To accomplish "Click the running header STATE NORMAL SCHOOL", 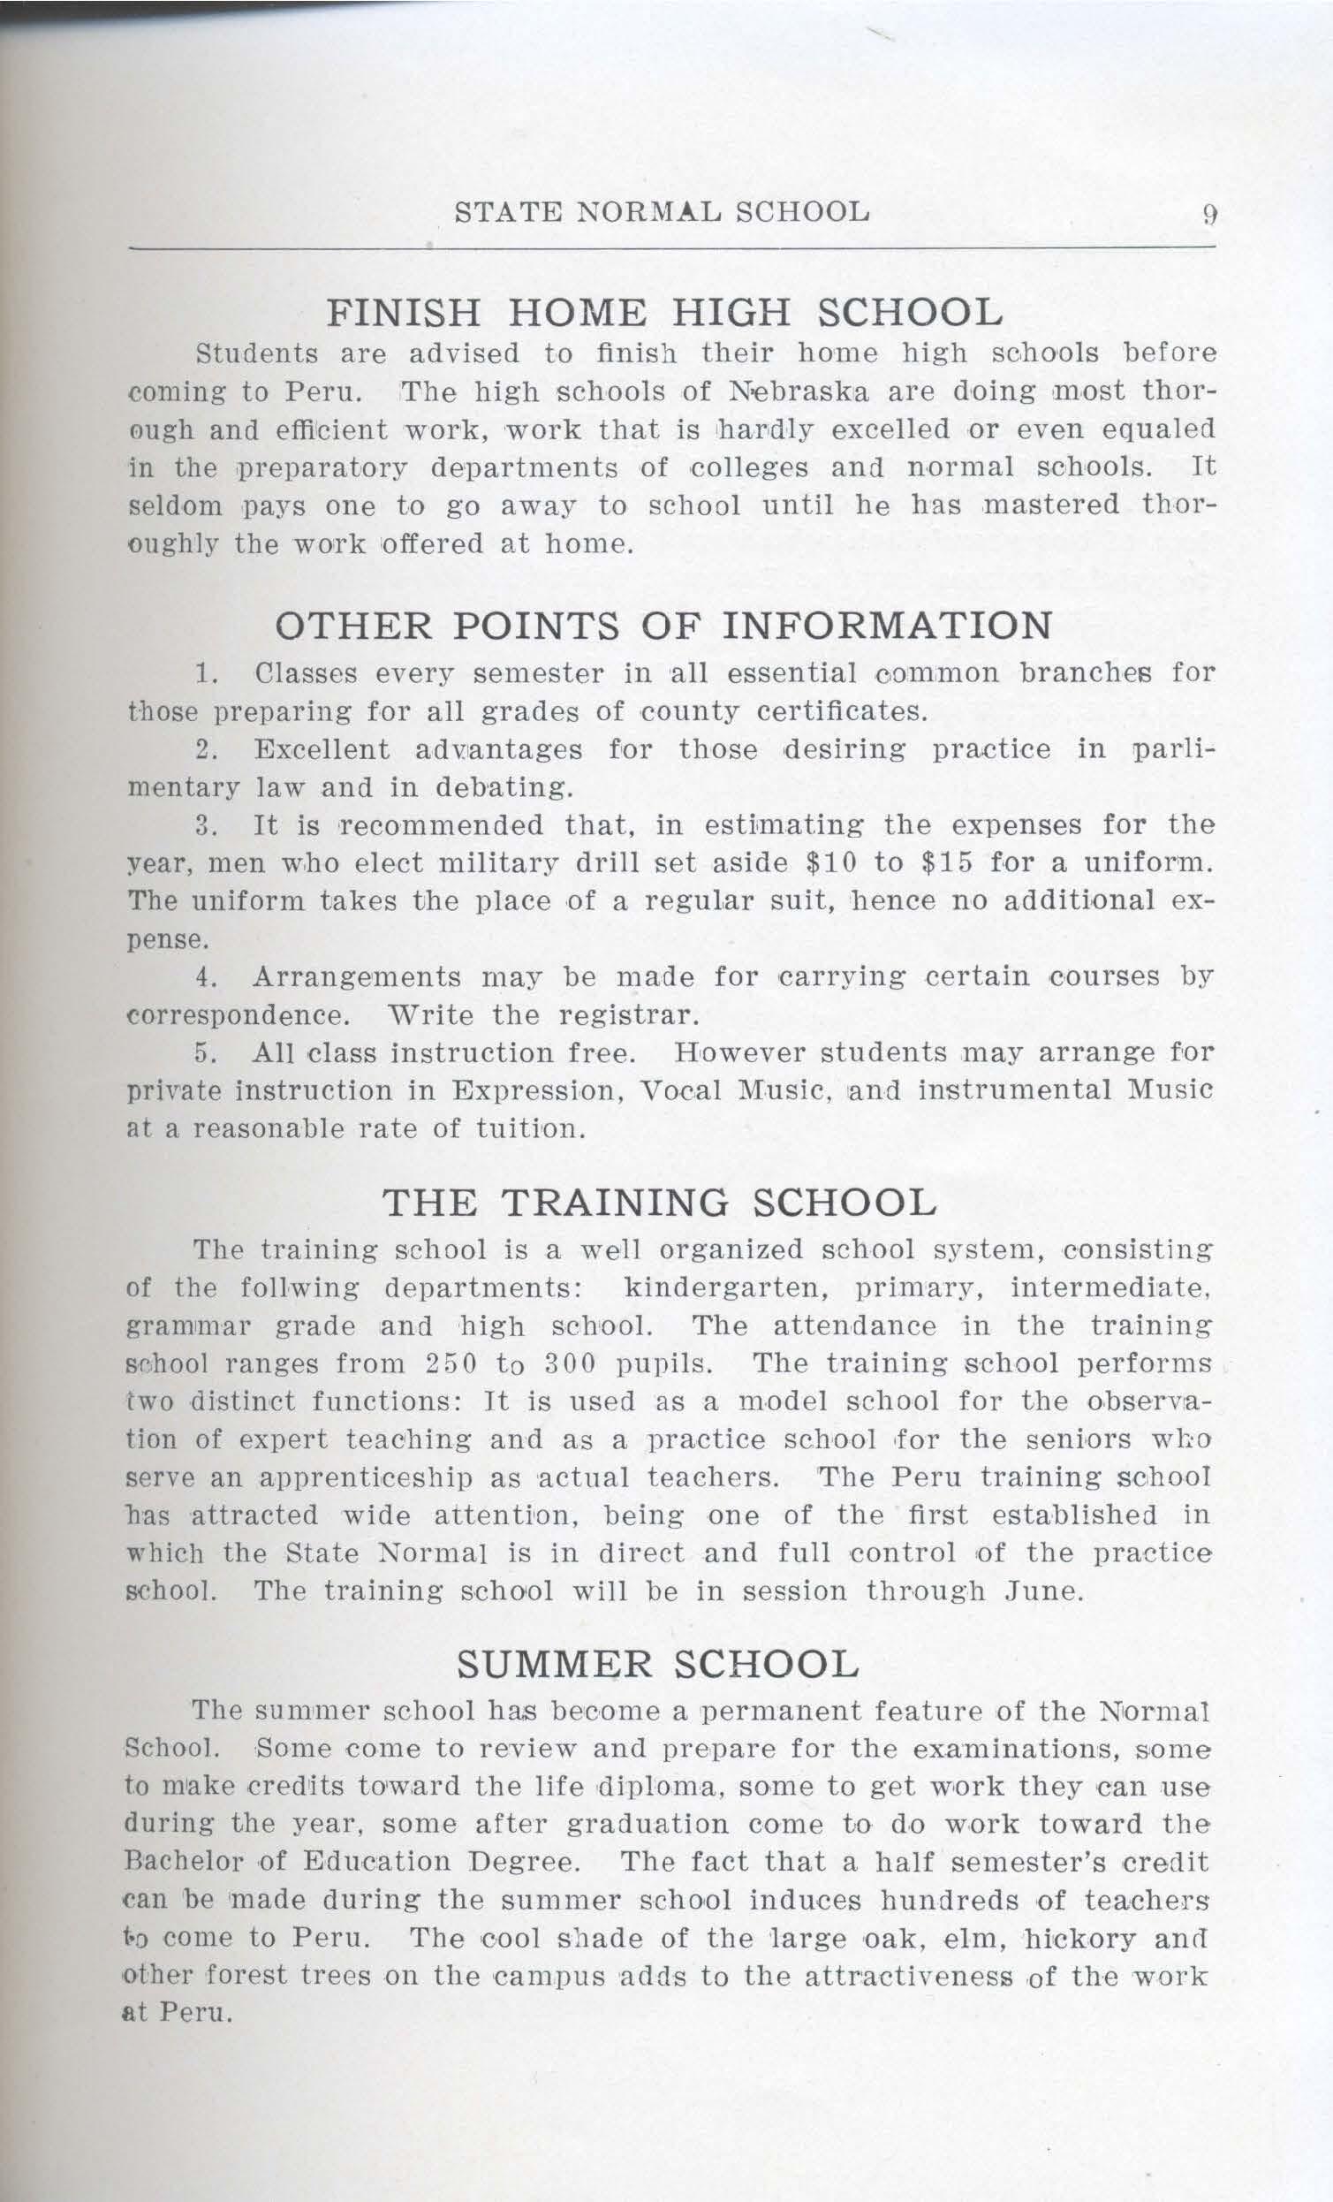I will pyautogui.click(x=662, y=213).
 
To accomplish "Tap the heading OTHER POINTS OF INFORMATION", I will pyautogui.click(x=663, y=625).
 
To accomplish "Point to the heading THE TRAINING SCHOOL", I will pyautogui.click(x=659, y=1203).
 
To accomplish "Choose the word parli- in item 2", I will pyautogui.click(x=1171, y=749).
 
